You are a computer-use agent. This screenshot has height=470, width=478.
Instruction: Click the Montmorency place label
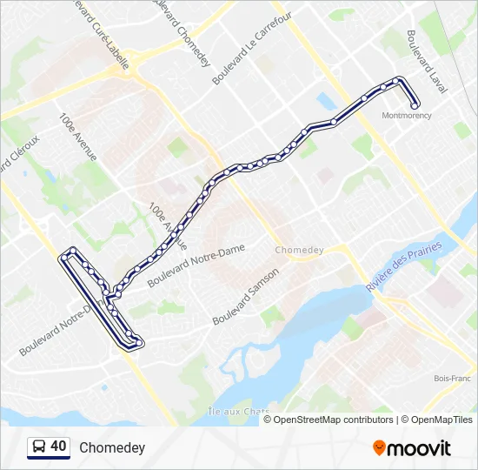[406, 116]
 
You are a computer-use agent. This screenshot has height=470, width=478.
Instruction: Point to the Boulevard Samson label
[246, 296]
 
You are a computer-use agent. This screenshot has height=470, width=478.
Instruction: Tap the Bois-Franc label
[452, 379]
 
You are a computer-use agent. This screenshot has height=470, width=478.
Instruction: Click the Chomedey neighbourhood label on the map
[298, 250]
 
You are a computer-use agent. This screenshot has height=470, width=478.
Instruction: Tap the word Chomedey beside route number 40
[112, 447]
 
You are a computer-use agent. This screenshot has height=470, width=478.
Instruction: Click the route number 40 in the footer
[58, 446]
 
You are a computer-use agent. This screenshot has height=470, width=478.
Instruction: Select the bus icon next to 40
[39, 447]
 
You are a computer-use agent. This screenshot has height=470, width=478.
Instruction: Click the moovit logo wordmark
[419, 448]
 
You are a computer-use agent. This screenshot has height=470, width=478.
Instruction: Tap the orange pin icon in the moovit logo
[379, 447]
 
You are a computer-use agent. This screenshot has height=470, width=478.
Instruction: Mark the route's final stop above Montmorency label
[415, 105]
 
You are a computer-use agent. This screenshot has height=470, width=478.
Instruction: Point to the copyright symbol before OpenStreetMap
[269, 420]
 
